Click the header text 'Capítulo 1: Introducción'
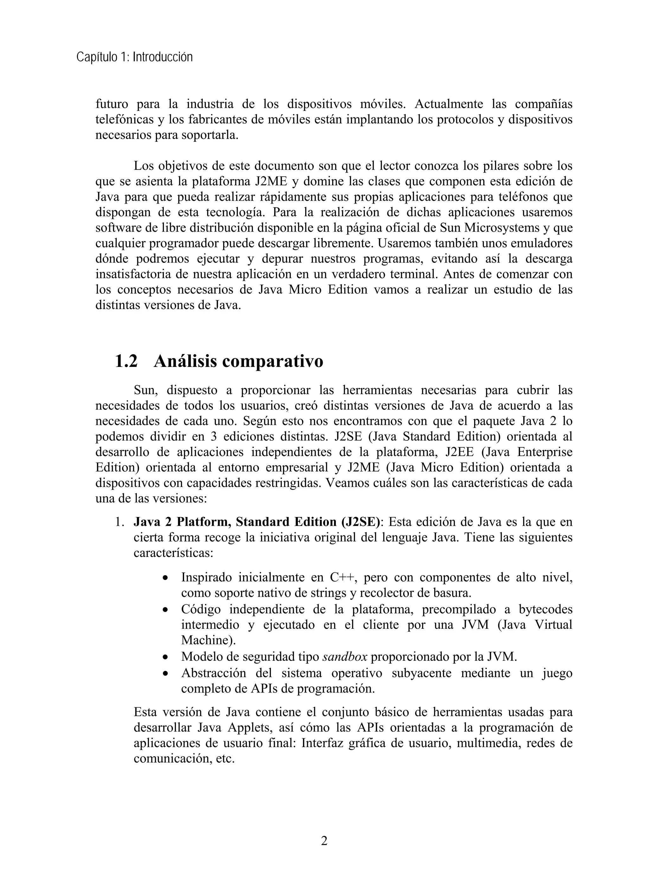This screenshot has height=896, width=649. tap(134, 57)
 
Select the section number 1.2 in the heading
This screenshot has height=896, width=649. tap(126, 361)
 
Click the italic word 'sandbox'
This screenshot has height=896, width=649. tap(345, 657)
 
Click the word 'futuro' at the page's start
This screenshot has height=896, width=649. tap(112, 104)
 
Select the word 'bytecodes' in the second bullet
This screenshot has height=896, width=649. tap(545, 609)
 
